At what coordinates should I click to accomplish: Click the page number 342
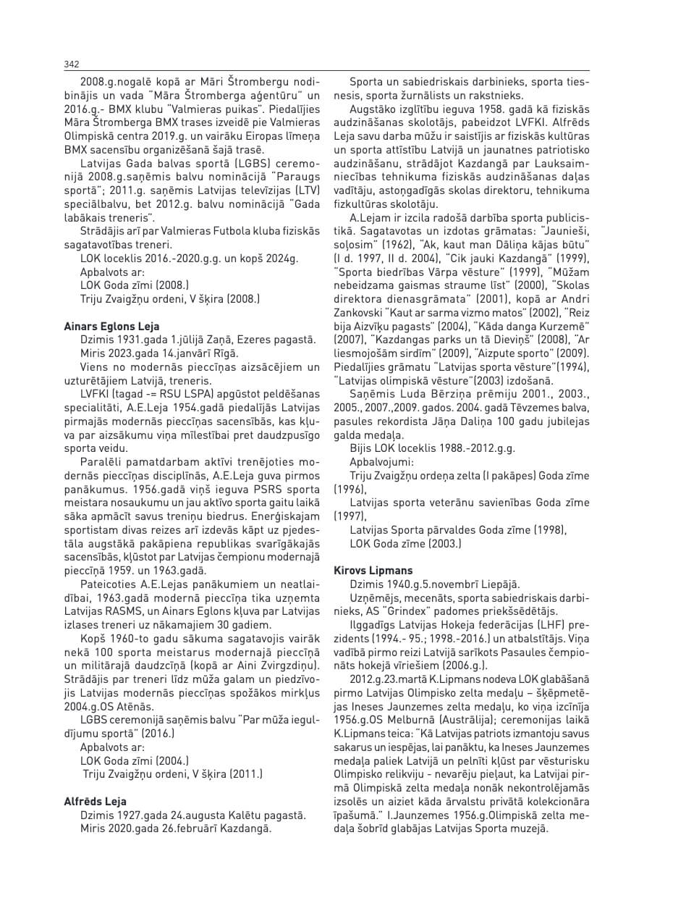point(71,64)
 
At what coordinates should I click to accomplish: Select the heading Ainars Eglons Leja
point(112,326)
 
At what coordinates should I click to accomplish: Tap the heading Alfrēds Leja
point(96,801)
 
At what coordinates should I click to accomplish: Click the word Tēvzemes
point(532,408)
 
